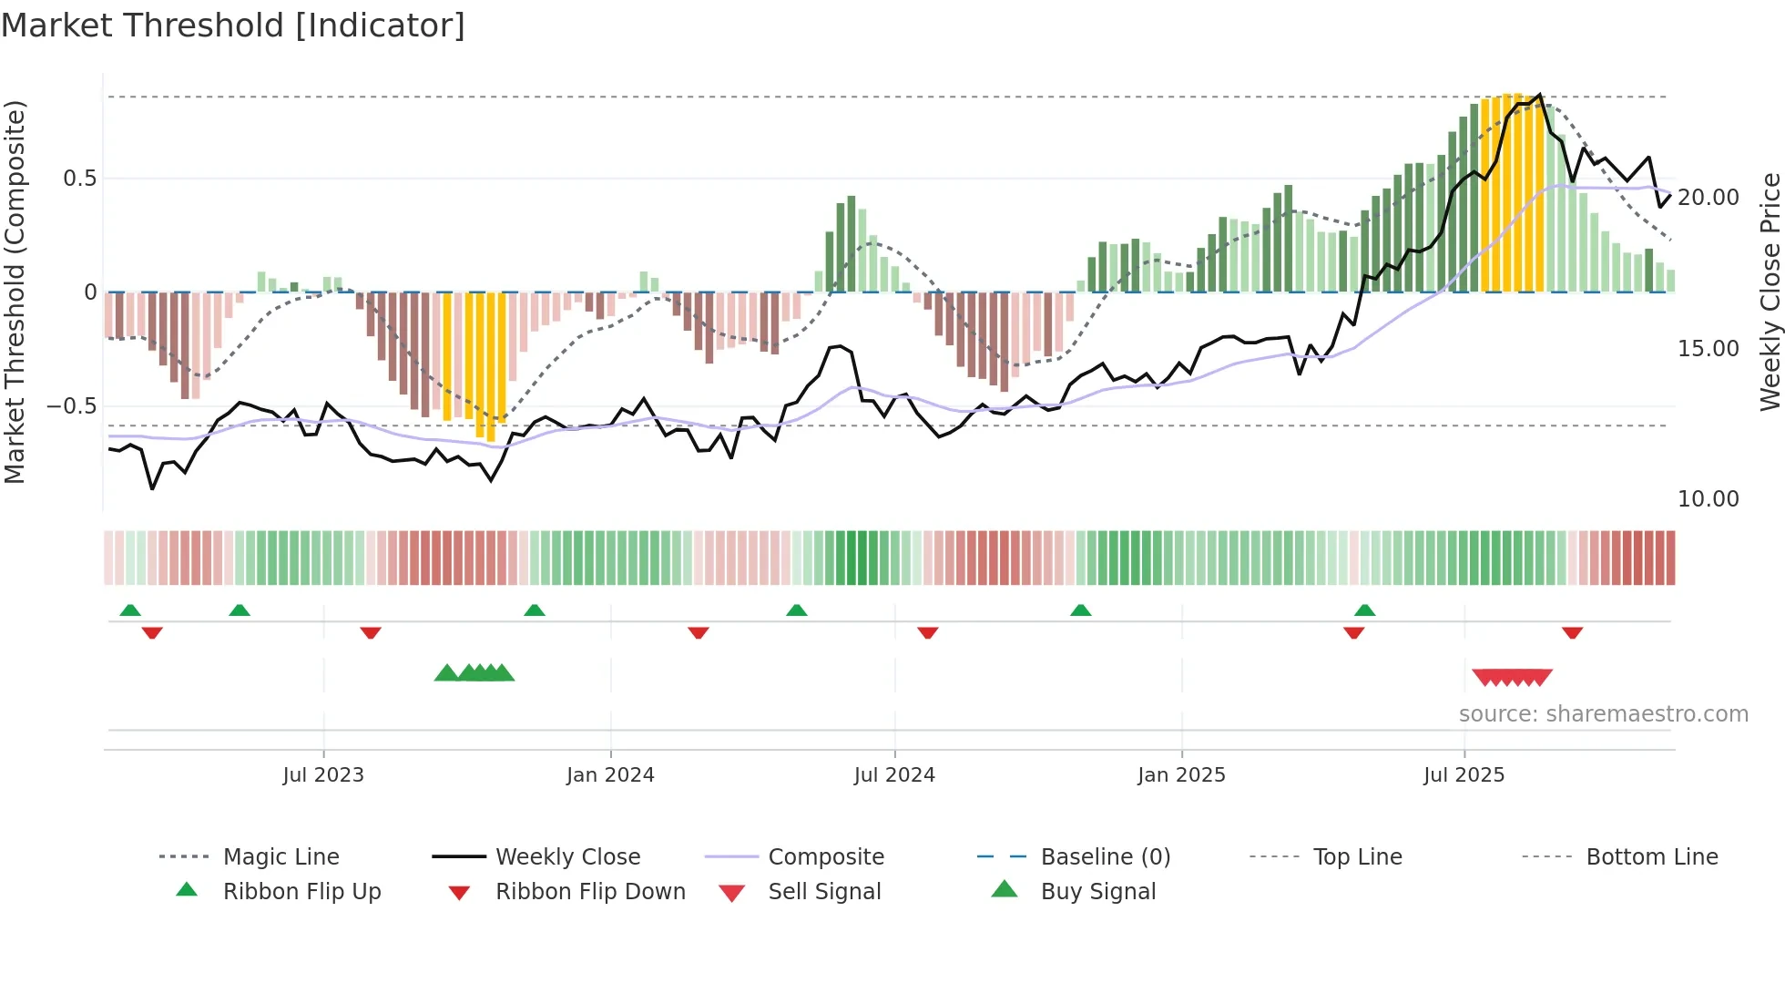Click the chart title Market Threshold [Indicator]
point(233,26)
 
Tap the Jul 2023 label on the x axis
point(322,775)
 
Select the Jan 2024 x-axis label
point(610,775)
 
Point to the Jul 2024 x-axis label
point(894,775)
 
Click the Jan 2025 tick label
point(1181,775)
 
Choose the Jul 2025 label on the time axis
point(1464,775)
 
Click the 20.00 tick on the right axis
point(1708,198)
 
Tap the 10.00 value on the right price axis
point(1708,499)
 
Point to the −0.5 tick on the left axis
point(71,406)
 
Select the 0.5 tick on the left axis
point(79,179)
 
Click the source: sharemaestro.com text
point(1603,714)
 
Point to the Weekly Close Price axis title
point(1770,292)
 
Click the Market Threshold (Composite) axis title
point(15,292)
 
